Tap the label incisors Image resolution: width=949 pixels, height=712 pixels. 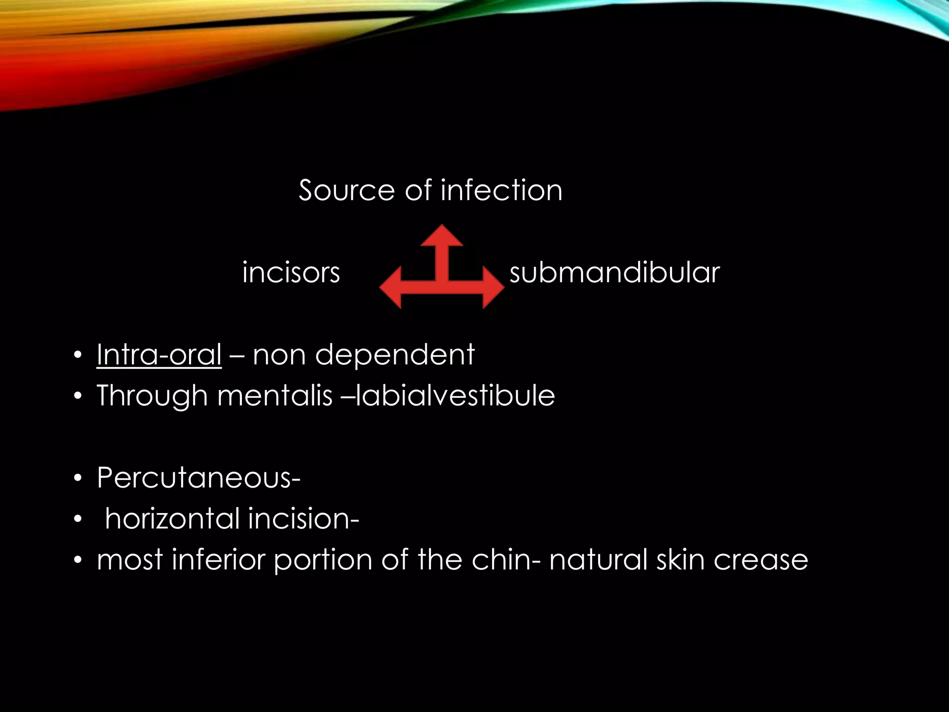click(x=291, y=273)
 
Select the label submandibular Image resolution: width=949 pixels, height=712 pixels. click(x=614, y=273)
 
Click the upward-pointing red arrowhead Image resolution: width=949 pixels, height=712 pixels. click(x=442, y=235)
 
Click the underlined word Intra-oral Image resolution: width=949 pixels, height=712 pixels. click(x=159, y=355)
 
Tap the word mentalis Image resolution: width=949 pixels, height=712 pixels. click(x=274, y=396)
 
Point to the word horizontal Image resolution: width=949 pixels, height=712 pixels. click(x=171, y=518)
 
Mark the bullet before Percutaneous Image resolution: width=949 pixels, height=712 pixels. click(x=78, y=478)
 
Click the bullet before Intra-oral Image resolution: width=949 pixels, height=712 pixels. click(x=78, y=356)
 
